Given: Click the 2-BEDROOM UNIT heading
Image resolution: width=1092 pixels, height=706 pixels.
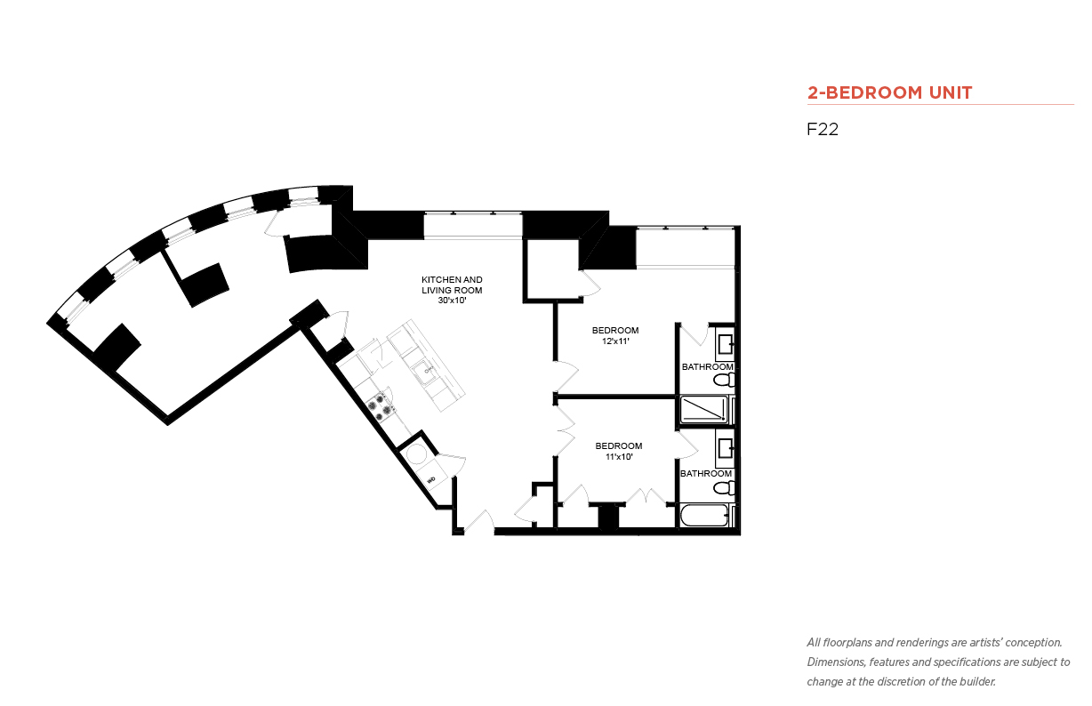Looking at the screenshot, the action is coord(889,92).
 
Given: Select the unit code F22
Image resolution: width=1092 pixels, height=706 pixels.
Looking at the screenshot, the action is coord(823,129).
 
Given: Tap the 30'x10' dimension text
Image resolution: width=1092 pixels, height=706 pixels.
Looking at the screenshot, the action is coord(452,301).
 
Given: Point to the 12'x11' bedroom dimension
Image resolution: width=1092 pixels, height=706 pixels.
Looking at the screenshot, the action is coord(615,341).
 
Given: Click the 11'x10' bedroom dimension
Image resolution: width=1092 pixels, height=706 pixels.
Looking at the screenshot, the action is coord(619,457).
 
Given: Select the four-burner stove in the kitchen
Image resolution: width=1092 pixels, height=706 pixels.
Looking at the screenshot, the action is coord(380,406).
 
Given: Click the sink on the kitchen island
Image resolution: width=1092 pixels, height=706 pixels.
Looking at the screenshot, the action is coord(424,372).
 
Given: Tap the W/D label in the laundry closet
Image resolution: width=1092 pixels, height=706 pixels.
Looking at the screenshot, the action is coord(431,480).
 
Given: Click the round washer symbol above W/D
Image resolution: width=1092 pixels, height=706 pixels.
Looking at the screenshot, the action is coord(417,454).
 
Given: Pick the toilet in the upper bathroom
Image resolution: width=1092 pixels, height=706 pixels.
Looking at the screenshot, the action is coord(725,380).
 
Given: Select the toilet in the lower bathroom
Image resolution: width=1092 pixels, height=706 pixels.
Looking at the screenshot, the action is coord(725,487).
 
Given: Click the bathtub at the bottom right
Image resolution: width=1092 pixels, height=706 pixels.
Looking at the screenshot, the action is coord(705,516).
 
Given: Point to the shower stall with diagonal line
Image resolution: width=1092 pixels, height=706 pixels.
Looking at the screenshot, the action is coord(703,410).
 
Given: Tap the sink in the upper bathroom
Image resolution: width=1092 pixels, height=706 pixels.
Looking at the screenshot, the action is coord(726,343).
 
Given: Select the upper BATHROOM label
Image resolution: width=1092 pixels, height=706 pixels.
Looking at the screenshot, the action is coord(707,366).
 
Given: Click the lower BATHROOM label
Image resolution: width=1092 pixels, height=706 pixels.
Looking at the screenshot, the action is coord(706,473).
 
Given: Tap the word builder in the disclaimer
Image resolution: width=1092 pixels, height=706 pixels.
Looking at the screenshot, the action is coord(977,682).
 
